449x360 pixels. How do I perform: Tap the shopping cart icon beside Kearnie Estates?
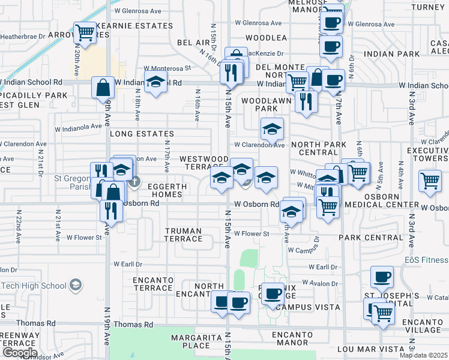(x=85, y=32)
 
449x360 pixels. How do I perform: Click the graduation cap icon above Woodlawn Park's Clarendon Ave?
(x=272, y=128)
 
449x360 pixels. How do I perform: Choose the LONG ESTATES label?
(x=142, y=134)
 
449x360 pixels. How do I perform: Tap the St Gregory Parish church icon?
(x=135, y=180)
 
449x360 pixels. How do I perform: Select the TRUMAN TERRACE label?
(x=184, y=235)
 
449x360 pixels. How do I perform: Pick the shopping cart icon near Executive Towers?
(x=430, y=180)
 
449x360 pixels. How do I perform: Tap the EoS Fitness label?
(x=426, y=260)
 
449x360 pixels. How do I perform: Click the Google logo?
(x=20, y=353)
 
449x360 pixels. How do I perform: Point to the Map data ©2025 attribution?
(x=423, y=355)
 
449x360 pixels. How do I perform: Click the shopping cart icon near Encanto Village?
(x=382, y=312)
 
